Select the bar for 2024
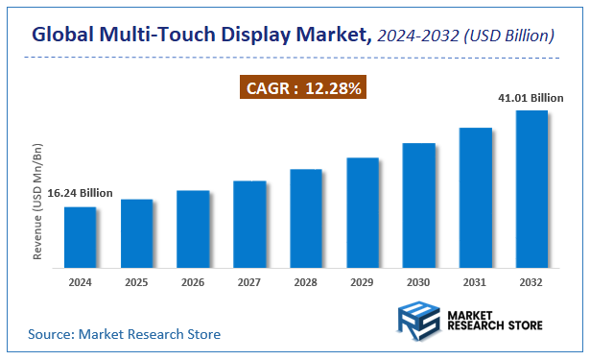[80, 237]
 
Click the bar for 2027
[249, 224]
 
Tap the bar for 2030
[418, 205]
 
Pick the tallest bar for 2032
[531, 189]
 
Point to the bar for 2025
[136, 233]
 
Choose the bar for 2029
[362, 212]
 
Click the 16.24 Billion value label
[66, 193]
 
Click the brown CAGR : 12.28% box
[302, 88]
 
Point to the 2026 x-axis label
[193, 283]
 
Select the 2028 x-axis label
[306, 283]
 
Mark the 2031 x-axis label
[475, 283]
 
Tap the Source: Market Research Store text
[124, 334]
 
